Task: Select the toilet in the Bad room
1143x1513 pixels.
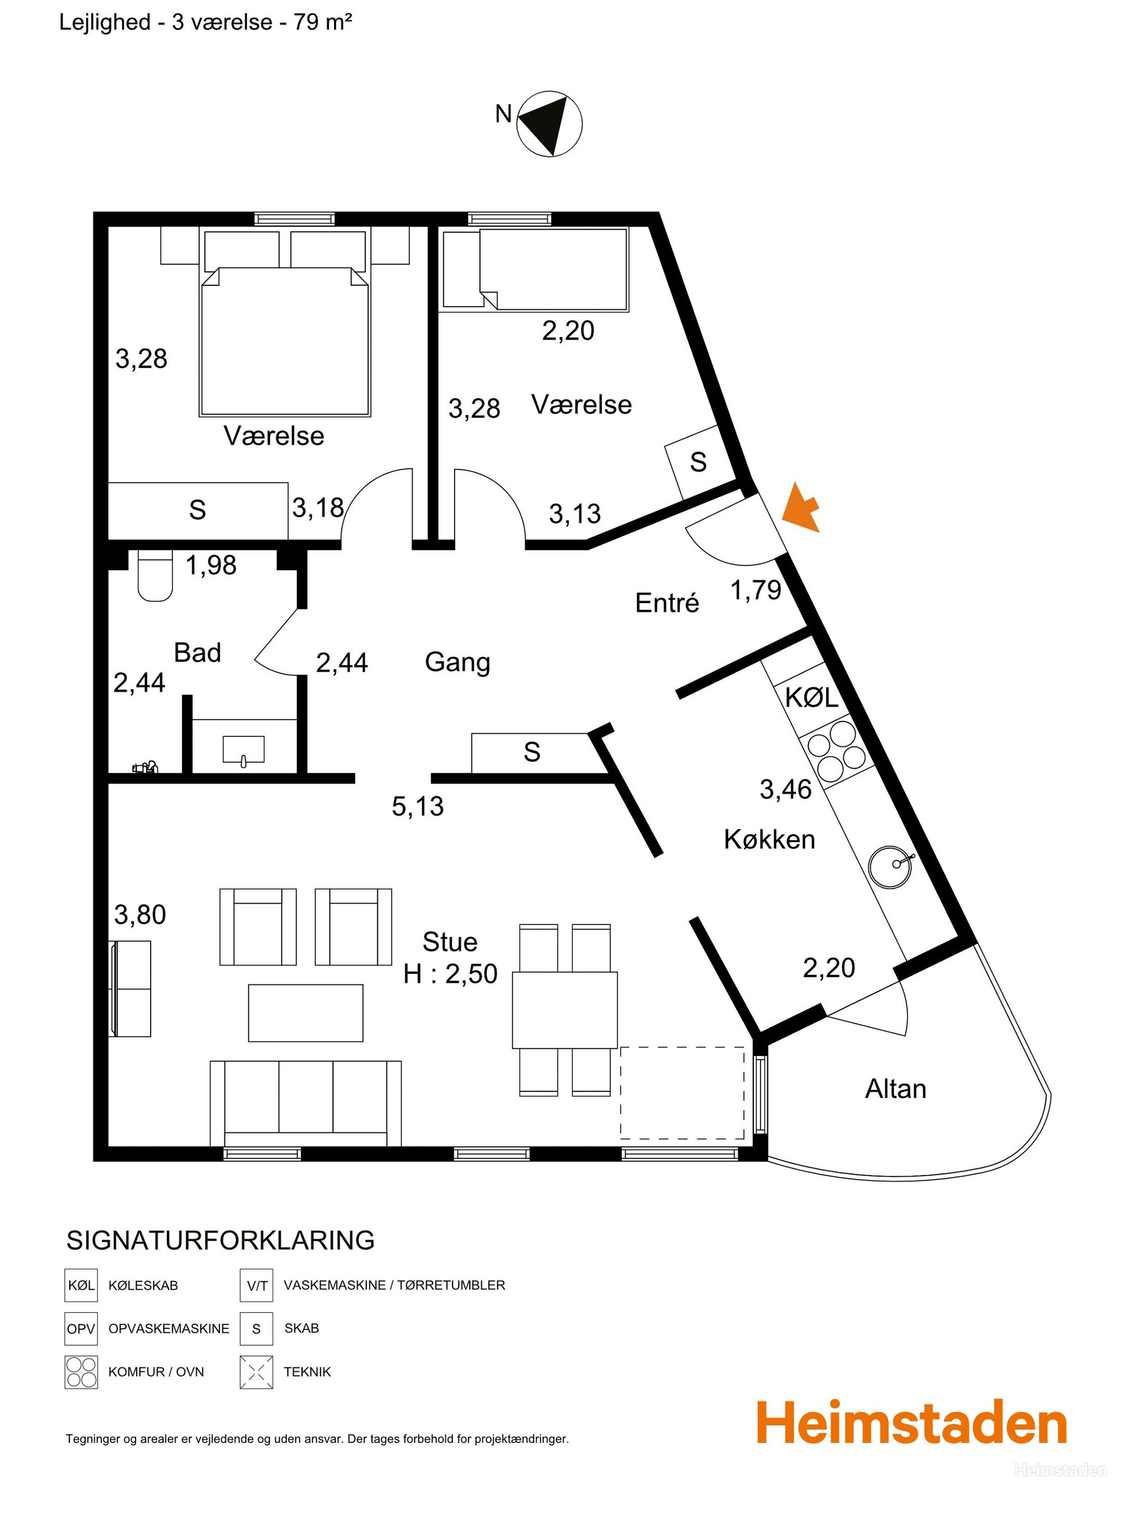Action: pyautogui.click(x=155, y=576)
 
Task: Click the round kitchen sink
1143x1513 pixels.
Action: pyautogui.click(x=891, y=867)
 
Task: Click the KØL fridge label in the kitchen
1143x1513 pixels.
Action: pyautogui.click(x=812, y=698)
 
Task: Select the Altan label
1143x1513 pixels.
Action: pyautogui.click(x=896, y=1089)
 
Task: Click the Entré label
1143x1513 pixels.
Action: pyautogui.click(x=667, y=603)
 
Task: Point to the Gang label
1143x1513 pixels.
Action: pyautogui.click(x=457, y=662)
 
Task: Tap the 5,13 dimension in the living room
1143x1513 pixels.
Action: pyautogui.click(x=418, y=806)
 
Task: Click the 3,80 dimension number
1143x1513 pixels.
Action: pyautogui.click(x=140, y=915)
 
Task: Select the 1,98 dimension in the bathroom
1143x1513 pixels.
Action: pyautogui.click(x=211, y=565)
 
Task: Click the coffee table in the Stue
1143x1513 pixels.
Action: pyautogui.click(x=305, y=1013)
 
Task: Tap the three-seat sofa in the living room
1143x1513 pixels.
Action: pyautogui.click(x=305, y=1103)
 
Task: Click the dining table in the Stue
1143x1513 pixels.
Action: pyautogui.click(x=565, y=1010)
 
